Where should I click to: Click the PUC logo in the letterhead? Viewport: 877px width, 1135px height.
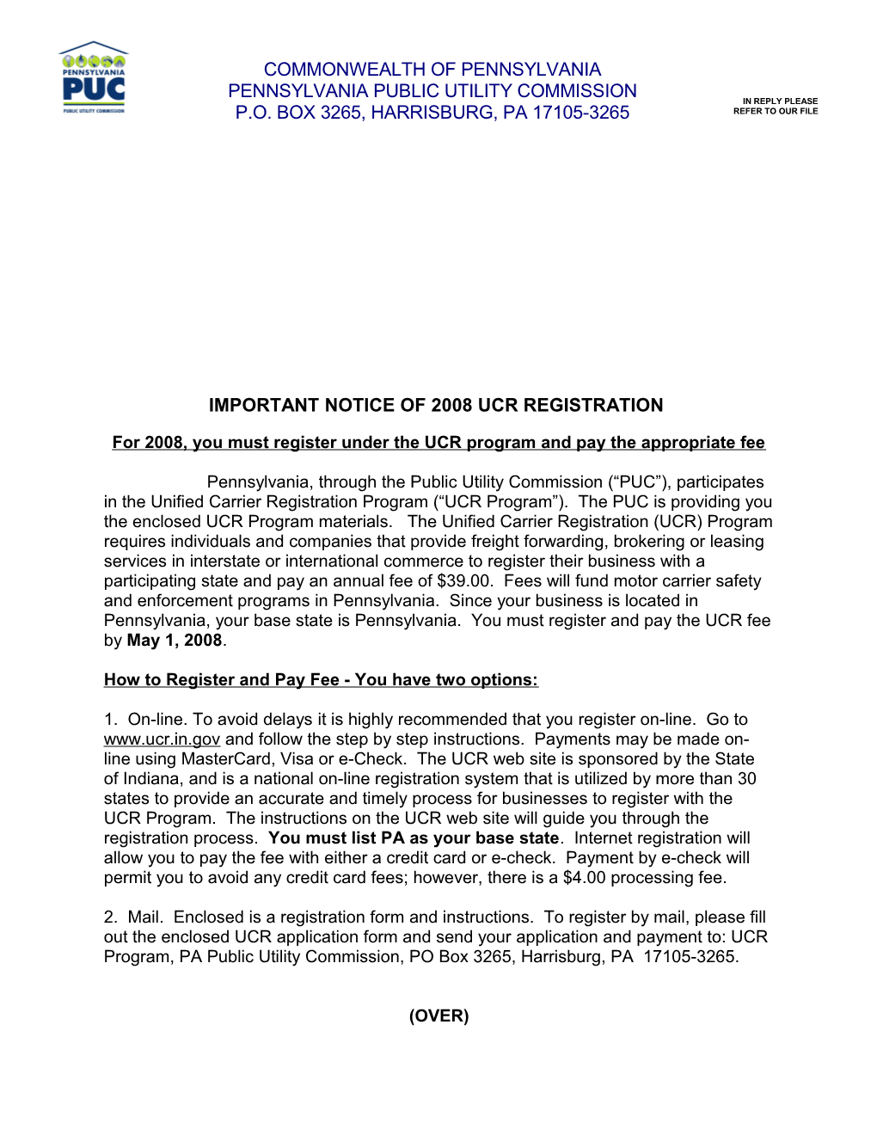[x=93, y=78]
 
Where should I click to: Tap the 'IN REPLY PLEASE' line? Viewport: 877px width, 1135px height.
[x=780, y=101]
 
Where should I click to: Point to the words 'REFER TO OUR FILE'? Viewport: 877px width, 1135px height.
[x=775, y=112]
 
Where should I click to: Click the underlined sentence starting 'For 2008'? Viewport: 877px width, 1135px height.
[x=438, y=443]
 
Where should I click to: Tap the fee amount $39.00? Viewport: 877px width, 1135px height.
[x=464, y=581]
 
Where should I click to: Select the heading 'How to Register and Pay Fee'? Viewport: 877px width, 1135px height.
[x=222, y=680]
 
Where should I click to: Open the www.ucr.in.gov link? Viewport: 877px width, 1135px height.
[x=162, y=739]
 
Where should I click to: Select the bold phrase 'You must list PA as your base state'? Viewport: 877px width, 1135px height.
[x=414, y=838]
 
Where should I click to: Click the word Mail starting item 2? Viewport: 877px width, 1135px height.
[x=145, y=917]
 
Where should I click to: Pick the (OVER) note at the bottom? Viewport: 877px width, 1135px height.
[x=438, y=1016]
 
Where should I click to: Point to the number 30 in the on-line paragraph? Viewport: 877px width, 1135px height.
[x=746, y=779]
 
